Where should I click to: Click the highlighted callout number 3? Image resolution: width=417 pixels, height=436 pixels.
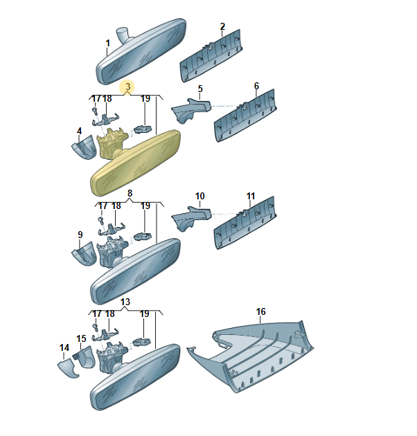[x=127, y=87]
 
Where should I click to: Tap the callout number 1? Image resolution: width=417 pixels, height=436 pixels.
[x=108, y=44]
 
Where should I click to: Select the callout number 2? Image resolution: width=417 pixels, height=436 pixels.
[x=222, y=27]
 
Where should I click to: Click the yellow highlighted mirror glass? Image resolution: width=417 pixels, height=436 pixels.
[x=136, y=163]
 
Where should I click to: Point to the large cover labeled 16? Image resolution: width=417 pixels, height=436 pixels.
[x=251, y=356]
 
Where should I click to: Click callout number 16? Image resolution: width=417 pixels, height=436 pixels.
[x=261, y=311]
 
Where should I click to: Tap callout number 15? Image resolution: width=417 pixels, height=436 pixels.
[x=81, y=338]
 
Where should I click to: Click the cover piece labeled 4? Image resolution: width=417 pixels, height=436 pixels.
[x=85, y=147]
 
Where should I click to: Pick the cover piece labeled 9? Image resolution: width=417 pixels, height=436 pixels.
[x=85, y=254]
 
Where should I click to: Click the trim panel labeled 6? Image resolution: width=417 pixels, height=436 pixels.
[x=245, y=116]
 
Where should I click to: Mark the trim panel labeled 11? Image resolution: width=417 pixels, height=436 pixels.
[x=245, y=223]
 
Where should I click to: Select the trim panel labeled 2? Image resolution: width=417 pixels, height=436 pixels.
[x=211, y=55]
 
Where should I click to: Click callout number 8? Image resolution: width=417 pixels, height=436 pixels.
[x=130, y=194]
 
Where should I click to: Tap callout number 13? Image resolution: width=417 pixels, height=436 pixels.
[x=125, y=302]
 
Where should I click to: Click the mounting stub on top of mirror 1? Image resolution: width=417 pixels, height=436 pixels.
[x=122, y=34]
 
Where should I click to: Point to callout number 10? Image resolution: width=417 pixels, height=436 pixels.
[x=200, y=197]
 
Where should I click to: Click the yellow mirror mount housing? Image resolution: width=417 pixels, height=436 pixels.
[x=111, y=143]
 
